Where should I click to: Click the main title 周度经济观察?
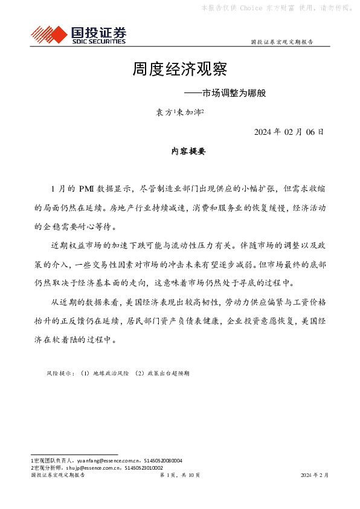pyautogui.click(x=179, y=70)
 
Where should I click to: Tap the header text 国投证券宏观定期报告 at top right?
pyautogui.click(x=281, y=42)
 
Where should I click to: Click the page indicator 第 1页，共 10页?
pyautogui.click(x=179, y=476)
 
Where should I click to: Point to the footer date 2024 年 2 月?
pyautogui.click(x=315, y=476)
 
